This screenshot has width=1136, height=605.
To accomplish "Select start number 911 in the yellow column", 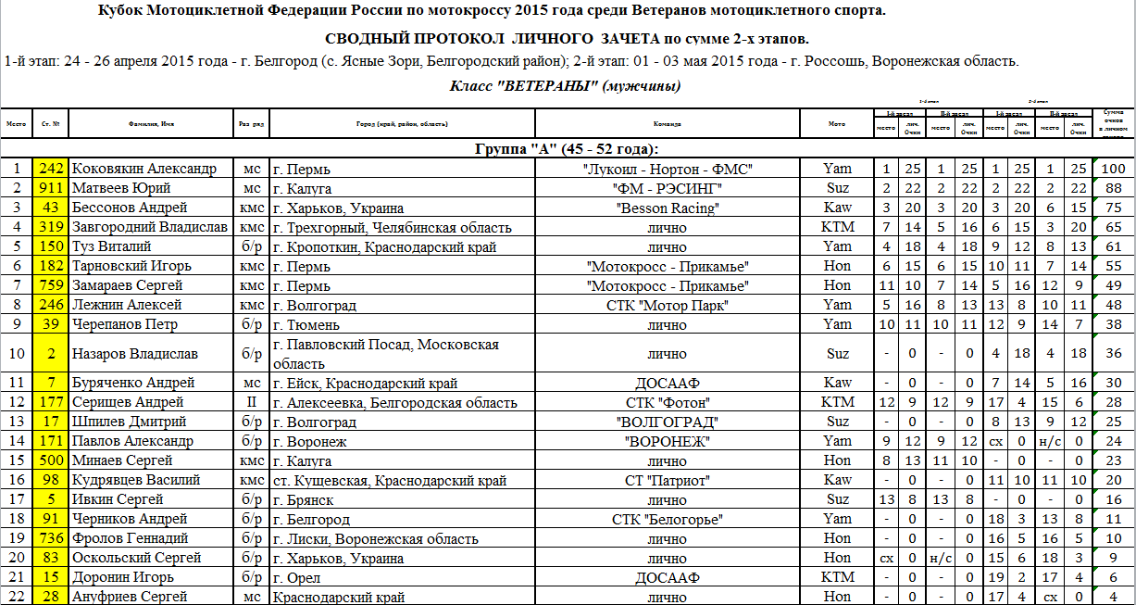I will pos(51,189).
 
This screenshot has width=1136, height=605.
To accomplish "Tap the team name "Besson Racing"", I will pos(667,208).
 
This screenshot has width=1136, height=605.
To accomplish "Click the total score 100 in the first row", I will pos(1114,170).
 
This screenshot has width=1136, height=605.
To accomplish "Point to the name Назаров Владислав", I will pos(133,354).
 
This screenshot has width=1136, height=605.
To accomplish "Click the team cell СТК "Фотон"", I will pos(667,402).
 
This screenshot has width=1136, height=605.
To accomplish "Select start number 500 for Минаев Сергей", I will pos(51,460).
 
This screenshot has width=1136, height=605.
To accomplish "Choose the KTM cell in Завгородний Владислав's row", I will pos(837,228).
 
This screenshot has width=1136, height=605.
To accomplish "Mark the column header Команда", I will pos(667,123).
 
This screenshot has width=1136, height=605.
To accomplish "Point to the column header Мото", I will pos(837,123).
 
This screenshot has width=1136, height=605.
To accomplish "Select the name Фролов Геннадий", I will pos(130,538).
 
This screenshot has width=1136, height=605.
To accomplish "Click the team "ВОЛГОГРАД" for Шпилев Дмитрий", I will pos(667,422).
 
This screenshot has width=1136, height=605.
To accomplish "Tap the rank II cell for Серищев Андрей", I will pos(250,402).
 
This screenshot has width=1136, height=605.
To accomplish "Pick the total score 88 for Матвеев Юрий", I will pos(1114,189).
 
